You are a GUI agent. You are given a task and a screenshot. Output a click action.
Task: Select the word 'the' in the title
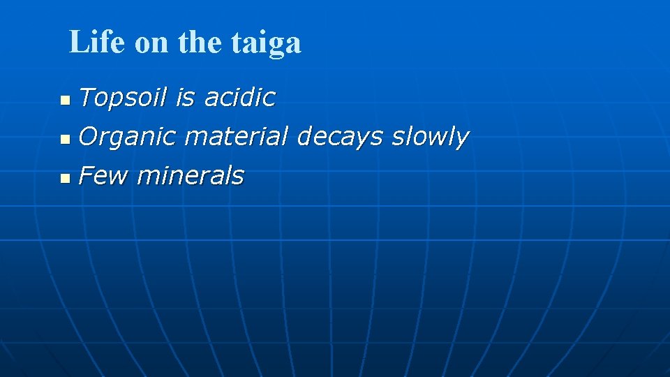(199, 43)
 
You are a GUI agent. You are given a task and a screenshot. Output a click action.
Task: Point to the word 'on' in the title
(151, 44)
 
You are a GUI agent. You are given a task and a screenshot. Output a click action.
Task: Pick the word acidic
(239, 98)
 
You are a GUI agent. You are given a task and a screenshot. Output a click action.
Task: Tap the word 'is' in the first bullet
(185, 98)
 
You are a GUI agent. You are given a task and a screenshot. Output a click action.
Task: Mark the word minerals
(190, 176)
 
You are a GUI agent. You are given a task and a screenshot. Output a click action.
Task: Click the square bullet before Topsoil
(64, 101)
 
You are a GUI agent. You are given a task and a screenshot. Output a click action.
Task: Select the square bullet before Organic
(64, 140)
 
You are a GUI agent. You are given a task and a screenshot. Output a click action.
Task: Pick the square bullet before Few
(64, 179)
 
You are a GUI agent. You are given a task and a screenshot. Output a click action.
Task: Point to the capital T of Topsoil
(86, 98)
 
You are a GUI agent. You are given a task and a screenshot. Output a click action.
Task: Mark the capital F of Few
(86, 176)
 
